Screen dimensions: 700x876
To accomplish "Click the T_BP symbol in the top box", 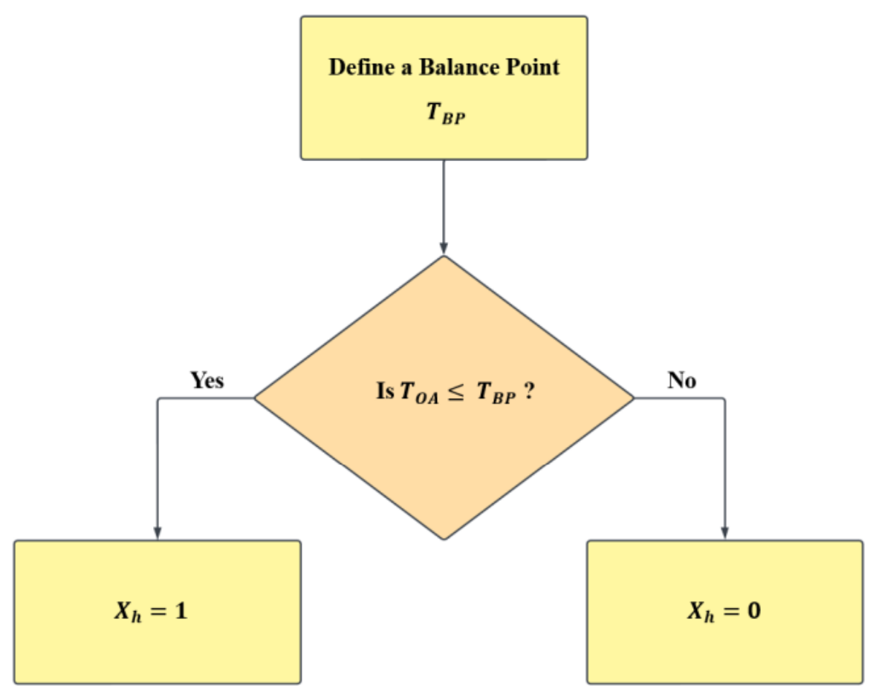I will tap(444, 117).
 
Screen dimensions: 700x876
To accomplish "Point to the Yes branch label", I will tap(207, 381).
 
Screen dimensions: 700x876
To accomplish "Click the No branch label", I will tap(681, 381).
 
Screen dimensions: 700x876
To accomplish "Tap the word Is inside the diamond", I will tap(384, 391).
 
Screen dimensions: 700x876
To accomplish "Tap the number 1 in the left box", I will tap(180, 612).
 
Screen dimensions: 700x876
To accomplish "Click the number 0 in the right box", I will tap(753, 612).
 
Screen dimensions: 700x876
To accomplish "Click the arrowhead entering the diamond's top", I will tap(444, 248).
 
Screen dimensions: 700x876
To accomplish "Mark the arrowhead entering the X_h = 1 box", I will tap(157, 532).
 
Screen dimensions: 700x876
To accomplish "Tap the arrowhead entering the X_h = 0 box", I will tap(724, 532).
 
